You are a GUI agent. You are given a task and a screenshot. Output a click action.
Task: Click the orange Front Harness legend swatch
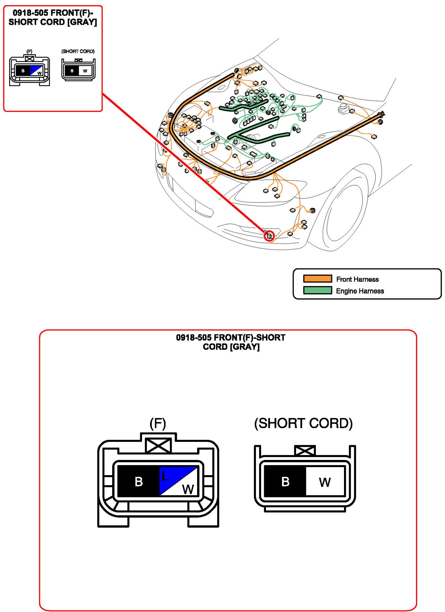coord(317,278)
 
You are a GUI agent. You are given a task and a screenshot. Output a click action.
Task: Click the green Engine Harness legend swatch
coord(317,290)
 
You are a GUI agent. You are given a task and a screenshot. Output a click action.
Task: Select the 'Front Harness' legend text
coord(357,279)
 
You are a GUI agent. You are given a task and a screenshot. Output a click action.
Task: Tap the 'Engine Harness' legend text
coord(360,291)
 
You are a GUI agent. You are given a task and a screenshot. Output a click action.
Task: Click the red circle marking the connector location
coord(269,236)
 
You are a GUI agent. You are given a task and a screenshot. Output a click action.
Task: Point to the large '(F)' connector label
coord(158,424)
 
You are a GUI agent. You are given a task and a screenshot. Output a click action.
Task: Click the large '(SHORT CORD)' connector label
coord(303,424)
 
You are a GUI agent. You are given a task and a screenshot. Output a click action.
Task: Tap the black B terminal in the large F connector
coord(138,481)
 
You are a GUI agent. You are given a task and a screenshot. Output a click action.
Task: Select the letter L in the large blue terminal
coord(165,476)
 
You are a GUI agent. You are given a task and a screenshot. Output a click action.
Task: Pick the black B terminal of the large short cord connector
coord(285,481)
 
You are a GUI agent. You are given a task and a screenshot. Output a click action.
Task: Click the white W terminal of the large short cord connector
coord(325,482)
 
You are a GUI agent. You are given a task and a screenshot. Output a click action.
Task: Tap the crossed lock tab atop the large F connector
coord(158,445)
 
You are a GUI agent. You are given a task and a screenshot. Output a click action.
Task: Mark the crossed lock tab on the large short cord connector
coord(305,450)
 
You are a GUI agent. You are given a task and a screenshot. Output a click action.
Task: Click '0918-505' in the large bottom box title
coord(193,338)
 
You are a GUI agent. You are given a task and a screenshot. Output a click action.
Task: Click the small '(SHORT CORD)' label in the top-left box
coord(78,51)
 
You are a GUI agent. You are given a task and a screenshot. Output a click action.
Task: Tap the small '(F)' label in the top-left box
coord(29,51)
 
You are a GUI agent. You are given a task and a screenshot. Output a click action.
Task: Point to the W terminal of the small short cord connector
coord(85,71)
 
